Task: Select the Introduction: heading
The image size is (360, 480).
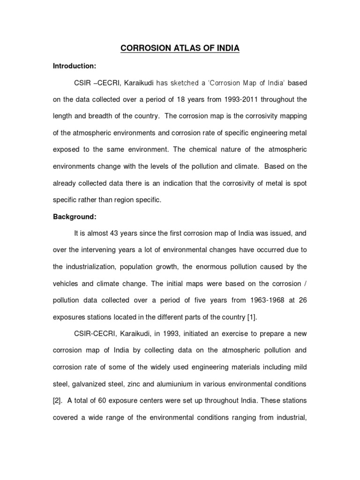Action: point(73,67)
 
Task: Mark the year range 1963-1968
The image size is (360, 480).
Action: point(247,300)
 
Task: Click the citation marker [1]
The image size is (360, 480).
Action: point(252,317)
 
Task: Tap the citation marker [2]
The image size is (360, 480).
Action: point(58,400)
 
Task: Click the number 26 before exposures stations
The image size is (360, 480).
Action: point(302,300)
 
